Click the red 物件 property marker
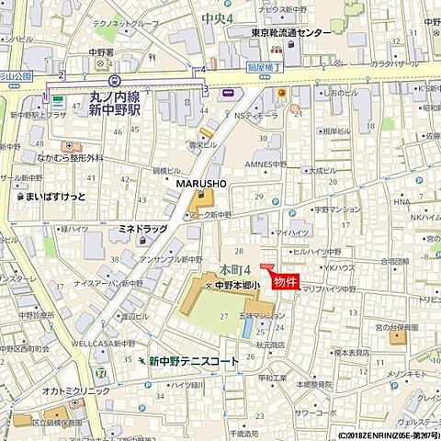pos(285,282)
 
